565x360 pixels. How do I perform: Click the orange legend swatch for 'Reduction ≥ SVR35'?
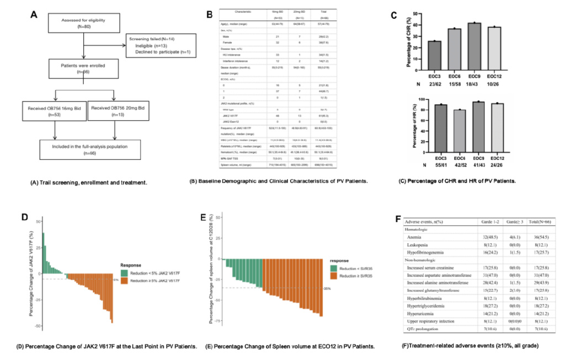[334, 274]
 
